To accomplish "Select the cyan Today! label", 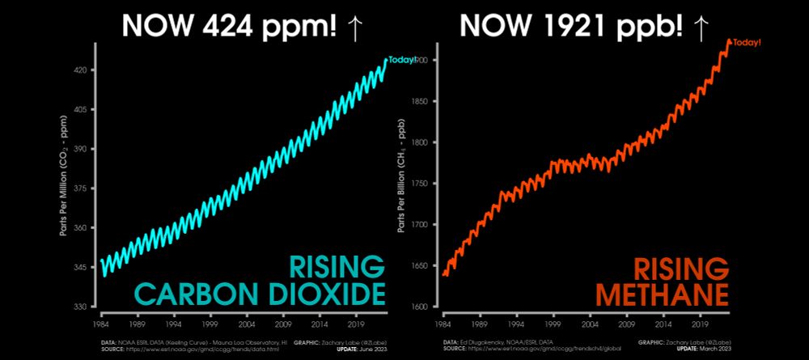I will point(402,59).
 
